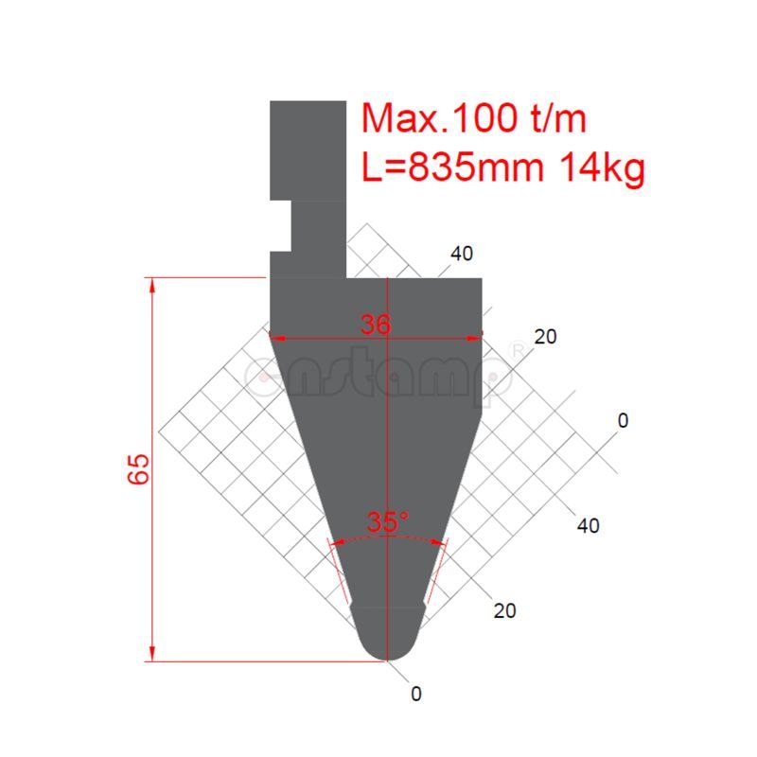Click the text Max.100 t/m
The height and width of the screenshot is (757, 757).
coord(475,119)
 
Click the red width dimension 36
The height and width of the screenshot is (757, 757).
coord(376,324)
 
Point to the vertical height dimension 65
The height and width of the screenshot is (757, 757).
coord(139,468)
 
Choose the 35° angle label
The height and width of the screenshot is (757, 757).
coord(388,520)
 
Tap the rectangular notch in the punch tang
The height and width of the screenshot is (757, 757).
coord(279,226)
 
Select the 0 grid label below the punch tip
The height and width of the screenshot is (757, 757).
coord(416,694)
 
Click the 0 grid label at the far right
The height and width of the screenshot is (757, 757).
coord(622,419)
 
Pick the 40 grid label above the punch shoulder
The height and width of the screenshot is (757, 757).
coord(462,254)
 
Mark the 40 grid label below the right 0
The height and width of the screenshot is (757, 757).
coord(588,526)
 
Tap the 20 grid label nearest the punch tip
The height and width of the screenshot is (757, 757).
coord(505,610)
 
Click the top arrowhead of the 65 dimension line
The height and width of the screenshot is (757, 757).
coord(151,282)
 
